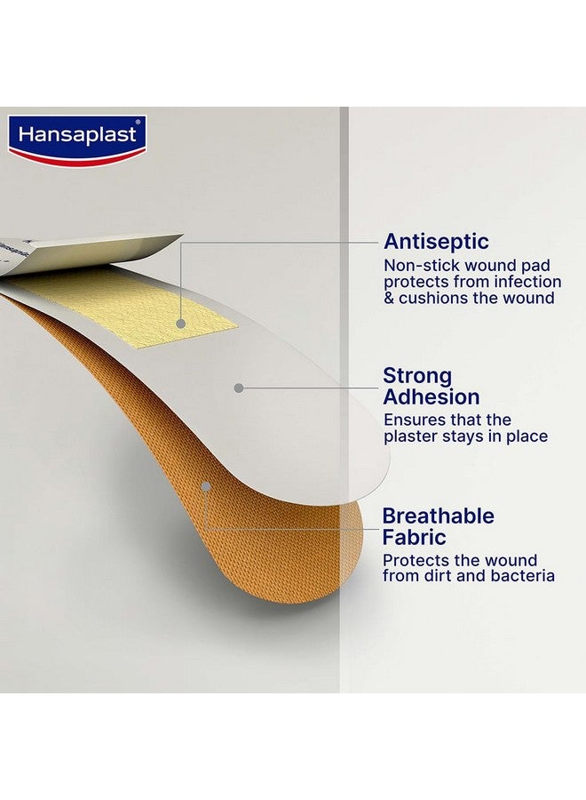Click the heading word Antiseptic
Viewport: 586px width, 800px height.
tap(436, 242)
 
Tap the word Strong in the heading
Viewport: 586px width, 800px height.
tap(417, 376)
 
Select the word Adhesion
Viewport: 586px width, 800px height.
tap(432, 397)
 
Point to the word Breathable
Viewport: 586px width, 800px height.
tap(439, 516)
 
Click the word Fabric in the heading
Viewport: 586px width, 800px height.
tap(415, 538)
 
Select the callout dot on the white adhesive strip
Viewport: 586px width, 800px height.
tap(237, 388)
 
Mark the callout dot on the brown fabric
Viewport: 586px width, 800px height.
tap(205, 486)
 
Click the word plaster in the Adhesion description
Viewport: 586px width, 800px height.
tap(410, 436)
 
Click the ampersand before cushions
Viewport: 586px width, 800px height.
tap(389, 299)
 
